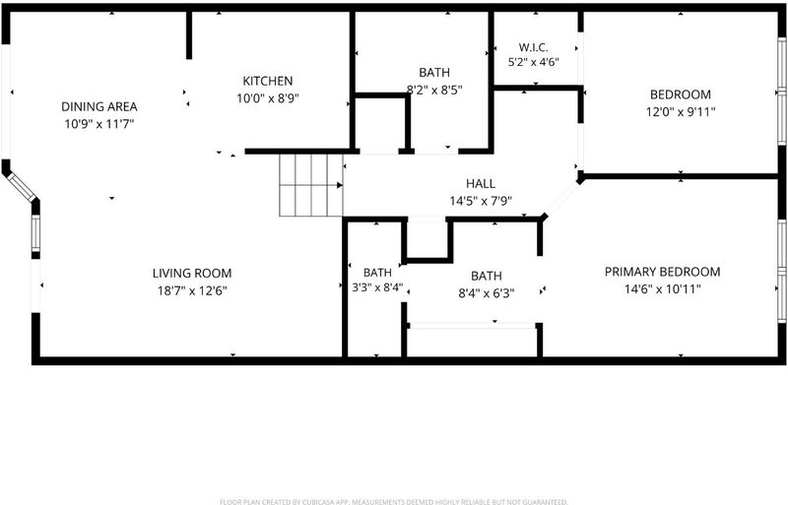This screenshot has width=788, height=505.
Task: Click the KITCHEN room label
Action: pos(267,81)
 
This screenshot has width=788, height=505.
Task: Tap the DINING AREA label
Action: pos(99,106)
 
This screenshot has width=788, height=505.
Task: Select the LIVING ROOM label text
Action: pos(192,274)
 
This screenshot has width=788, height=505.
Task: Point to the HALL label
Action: pos(481,183)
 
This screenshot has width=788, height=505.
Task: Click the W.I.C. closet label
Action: pos(533,47)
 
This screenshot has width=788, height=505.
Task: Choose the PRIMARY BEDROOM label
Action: pos(662,272)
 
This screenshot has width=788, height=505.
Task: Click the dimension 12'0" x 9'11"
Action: pos(681,111)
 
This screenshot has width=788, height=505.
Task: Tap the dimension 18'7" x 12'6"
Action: pos(192,290)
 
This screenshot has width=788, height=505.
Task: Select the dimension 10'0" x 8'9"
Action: pos(268,98)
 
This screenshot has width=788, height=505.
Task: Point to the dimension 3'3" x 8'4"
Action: pos(377,289)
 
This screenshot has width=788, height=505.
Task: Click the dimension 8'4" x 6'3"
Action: pos(486,293)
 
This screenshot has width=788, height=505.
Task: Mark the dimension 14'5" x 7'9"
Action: pos(481,201)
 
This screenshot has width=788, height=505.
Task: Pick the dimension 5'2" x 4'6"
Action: pos(533,62)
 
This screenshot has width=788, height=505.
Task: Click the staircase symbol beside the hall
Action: pos(311,185)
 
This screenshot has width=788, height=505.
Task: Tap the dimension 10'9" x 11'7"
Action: pos(99,124)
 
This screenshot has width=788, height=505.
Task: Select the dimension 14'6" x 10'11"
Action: pos(662,289)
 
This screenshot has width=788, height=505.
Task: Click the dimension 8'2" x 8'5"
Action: pos(434,90)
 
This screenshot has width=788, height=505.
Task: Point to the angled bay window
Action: pos(21,187)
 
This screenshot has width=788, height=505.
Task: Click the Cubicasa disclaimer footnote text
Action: pos(394,501)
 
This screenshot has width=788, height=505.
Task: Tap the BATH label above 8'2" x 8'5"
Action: pos(434,73)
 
